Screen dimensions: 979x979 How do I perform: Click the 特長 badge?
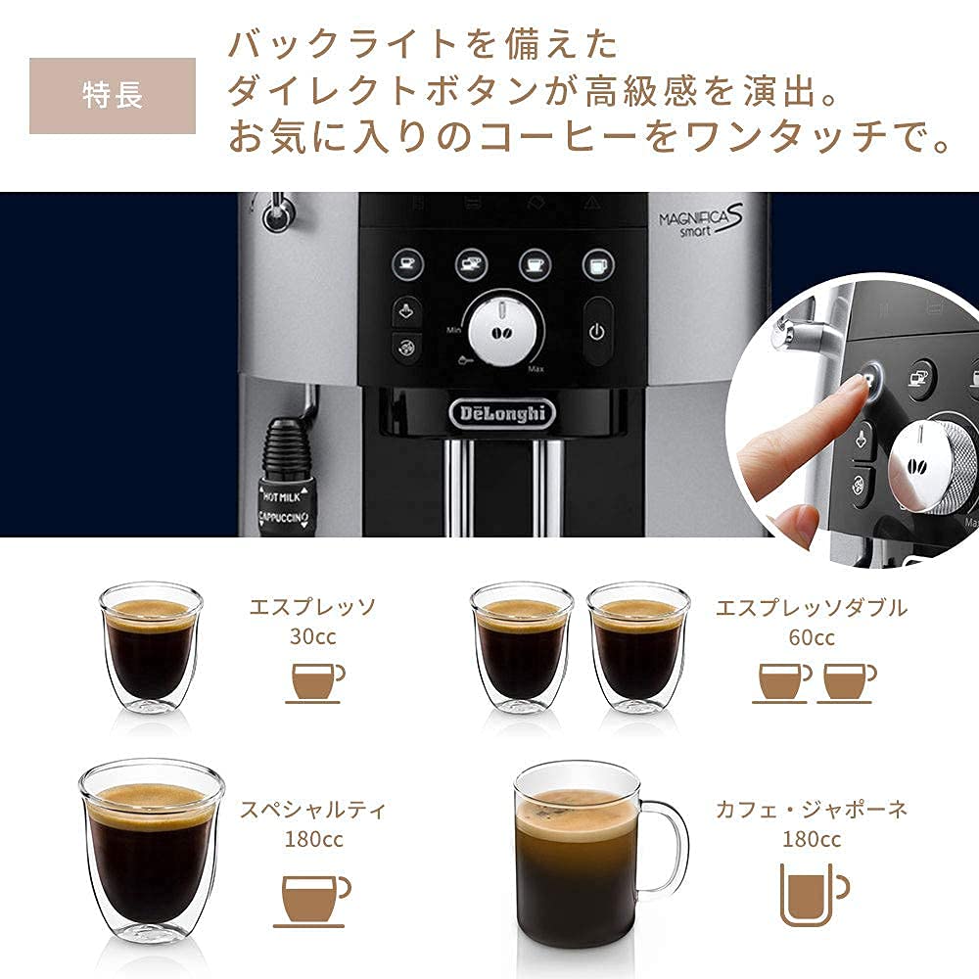[112, 96]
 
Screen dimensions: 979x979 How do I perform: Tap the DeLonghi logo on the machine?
[502, 413]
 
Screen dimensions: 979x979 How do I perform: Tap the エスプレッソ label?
[312, 607]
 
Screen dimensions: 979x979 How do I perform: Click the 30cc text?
[312, 636]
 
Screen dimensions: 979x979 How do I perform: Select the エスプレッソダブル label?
[811, 607]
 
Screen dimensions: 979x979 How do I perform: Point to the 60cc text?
[811, 637]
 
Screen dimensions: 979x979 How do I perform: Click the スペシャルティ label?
[313, 810]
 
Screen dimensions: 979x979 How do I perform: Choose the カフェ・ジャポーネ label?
[811, 810]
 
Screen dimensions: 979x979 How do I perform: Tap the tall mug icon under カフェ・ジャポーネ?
[812, 893]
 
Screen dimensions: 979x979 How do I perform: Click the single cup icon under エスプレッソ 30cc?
[315, 681]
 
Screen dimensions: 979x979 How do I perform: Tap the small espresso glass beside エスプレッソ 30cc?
[151, 647]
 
